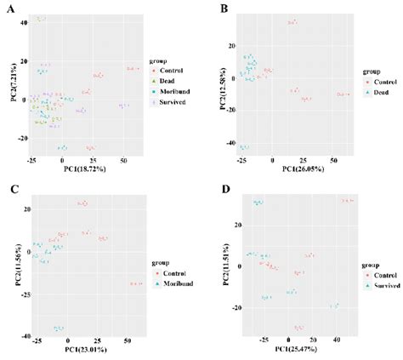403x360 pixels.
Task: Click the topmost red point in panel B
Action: pos(292,22)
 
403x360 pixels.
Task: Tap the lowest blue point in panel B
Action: pos(245,147)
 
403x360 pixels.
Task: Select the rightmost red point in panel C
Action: pos(135,283)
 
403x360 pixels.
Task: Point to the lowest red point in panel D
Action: pos(298,327)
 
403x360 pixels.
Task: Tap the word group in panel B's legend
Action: pos(348,72)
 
